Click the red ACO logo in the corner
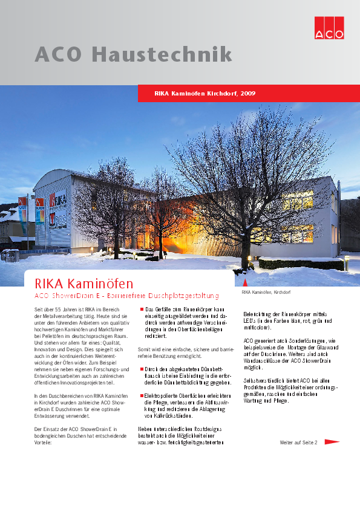pyautogui.click(x=329, y=25)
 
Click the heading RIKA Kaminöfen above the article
pyautogui.click(x=84, y=283)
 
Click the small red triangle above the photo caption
pyautogui.click(x=244, y=283)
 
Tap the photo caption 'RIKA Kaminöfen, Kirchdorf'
pyautogui.click(x=266, y=293)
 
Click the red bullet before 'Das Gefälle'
pyautogui.click(x=141, y=309)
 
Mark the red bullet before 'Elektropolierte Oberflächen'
pyautogui.click(x=141, y=395)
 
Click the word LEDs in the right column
pyautogui.click(x=249, y=322)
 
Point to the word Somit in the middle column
pyautogui.click(x=145, y=349)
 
